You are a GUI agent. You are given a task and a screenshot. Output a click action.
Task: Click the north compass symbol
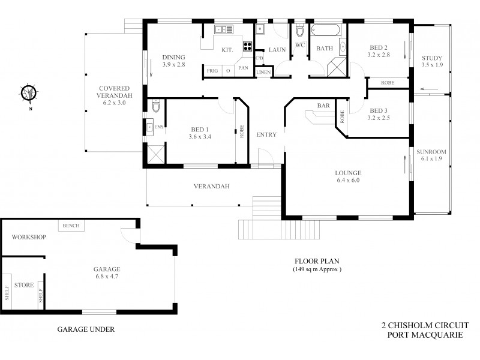29,94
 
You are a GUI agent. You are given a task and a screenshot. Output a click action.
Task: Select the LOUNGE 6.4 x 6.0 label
347,176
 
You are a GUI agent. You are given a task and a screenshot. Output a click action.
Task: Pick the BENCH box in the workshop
71,226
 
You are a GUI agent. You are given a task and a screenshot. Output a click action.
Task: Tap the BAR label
323,106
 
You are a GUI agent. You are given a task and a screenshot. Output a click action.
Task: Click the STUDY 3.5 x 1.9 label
432,61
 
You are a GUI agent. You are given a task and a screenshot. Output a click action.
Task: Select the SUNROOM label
431,156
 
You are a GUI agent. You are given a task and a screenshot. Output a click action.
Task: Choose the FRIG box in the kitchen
212,71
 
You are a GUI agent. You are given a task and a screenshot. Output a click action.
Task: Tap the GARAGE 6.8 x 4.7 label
106,273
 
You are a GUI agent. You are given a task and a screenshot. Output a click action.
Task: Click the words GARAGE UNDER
85,329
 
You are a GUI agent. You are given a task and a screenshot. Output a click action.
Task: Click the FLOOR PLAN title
317,261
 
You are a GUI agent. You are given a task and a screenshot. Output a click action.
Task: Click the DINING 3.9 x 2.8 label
174,61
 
